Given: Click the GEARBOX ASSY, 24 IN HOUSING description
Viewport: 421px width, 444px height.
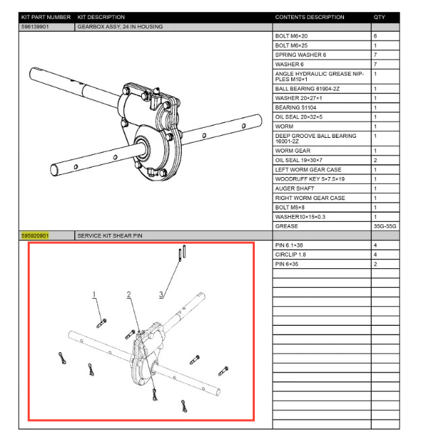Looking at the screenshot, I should tap(120, 26).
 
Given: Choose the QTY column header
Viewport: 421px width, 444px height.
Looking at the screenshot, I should tap(379, 17).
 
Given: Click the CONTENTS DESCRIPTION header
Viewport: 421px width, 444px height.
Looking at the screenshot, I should tap(309, 17).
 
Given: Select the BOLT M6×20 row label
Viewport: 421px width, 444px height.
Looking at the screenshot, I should tap(291, 36).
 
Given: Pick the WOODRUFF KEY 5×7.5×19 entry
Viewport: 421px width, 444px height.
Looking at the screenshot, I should tap(310, 178).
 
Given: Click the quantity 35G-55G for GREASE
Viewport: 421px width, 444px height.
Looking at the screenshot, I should tap(383, 226).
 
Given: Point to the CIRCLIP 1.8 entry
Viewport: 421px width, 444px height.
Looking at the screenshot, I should tap(291, 254).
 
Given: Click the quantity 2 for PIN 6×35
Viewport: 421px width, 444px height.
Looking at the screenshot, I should tap(375, 264).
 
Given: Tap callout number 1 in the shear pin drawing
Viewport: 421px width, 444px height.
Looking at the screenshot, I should tap(95, 294).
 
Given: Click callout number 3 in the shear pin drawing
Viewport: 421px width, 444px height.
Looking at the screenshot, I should tap(161, 294).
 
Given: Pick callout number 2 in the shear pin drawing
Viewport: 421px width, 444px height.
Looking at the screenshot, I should tap(128, 294).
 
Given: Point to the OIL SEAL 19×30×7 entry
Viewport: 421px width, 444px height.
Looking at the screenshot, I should tap(298, 159).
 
